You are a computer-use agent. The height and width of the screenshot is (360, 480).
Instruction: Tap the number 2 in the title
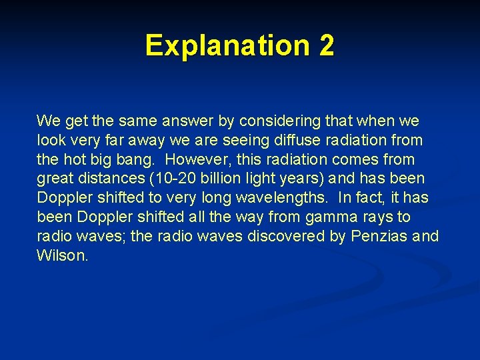click(326, 45)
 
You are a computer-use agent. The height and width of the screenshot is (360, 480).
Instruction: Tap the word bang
click(141, 160)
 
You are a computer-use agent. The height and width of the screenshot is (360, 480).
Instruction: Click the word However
click(194, 160)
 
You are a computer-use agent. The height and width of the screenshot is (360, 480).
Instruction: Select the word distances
click(101, 179)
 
